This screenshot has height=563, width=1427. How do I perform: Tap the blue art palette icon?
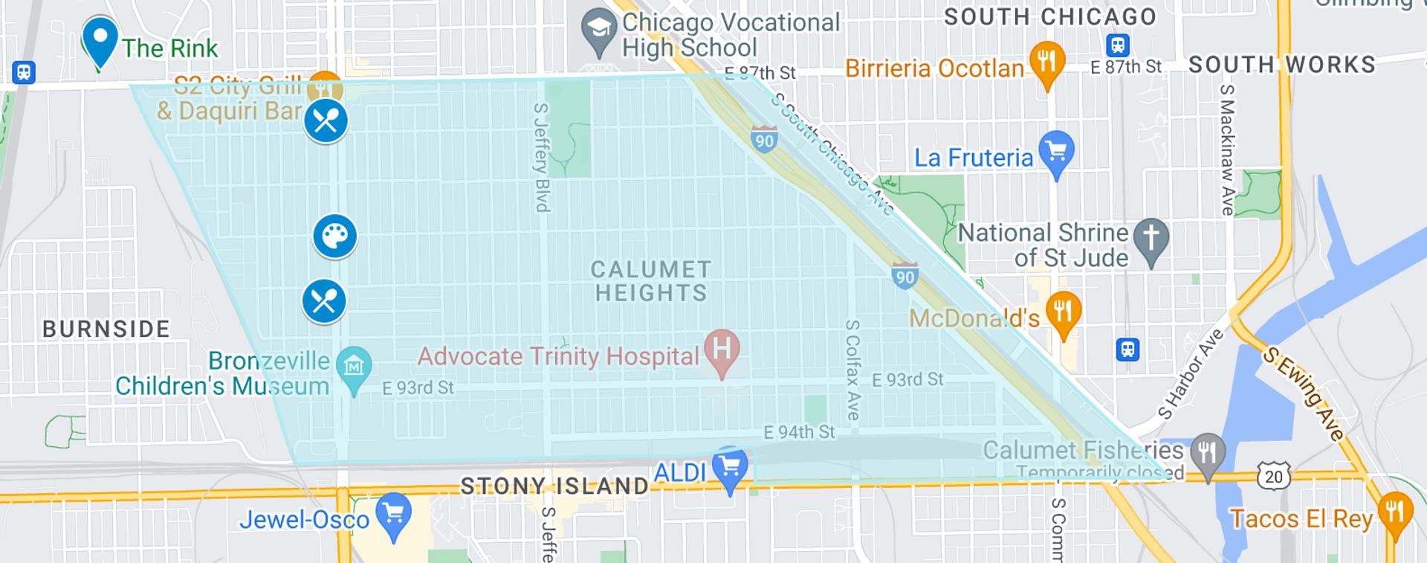[x=334, y=236]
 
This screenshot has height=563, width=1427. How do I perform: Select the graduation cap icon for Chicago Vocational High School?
[x=599, y=30]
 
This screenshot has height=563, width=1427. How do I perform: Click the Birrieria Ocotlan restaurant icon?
[x=1046, y=61]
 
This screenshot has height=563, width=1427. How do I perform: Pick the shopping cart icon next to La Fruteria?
[x=1056, y=152]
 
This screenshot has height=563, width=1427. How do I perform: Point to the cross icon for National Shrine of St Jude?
[x=1151, y=239]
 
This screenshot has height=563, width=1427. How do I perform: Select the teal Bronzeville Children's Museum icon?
[x=354, y=366]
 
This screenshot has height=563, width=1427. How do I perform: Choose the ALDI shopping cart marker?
[x=730, y=467]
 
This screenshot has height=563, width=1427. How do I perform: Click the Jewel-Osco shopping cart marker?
[x=393, y=513]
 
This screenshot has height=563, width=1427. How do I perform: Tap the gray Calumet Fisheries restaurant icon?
[x=1208, y=451]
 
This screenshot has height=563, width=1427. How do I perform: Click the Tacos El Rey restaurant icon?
[x=1394, y=512]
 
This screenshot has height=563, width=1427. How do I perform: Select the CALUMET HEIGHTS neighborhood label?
[x=651, y=281]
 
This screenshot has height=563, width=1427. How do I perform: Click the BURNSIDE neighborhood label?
[x=106, y=329]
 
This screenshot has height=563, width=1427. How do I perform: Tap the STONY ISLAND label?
[x=554, y=486]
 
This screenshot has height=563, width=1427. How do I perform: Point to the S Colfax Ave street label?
[x=852, y=370]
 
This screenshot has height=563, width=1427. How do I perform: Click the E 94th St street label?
[x=799, y=432]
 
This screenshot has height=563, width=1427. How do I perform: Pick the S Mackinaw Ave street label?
[x=1226, y=150]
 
